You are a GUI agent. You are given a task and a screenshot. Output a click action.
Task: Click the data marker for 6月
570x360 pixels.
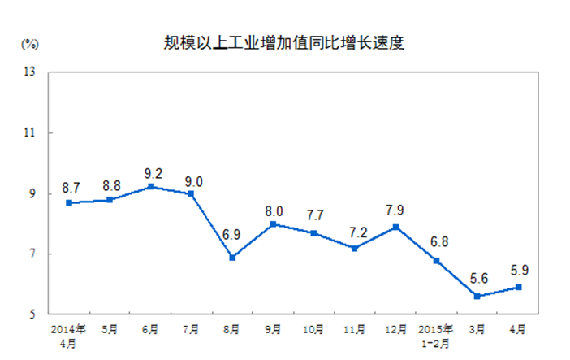150,187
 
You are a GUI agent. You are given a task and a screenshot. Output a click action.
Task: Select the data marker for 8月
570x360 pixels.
232,257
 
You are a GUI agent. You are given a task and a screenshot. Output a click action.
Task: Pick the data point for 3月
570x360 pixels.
477,296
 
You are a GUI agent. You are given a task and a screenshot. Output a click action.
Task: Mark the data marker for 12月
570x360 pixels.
396,227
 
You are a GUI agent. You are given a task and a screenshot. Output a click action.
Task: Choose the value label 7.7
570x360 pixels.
315,216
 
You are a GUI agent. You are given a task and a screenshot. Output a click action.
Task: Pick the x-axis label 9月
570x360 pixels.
274,329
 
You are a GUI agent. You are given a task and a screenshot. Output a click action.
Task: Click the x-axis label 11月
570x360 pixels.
355,329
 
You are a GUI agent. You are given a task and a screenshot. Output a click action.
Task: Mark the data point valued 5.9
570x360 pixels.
518,287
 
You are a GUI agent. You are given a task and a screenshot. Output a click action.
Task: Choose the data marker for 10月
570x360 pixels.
314,232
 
